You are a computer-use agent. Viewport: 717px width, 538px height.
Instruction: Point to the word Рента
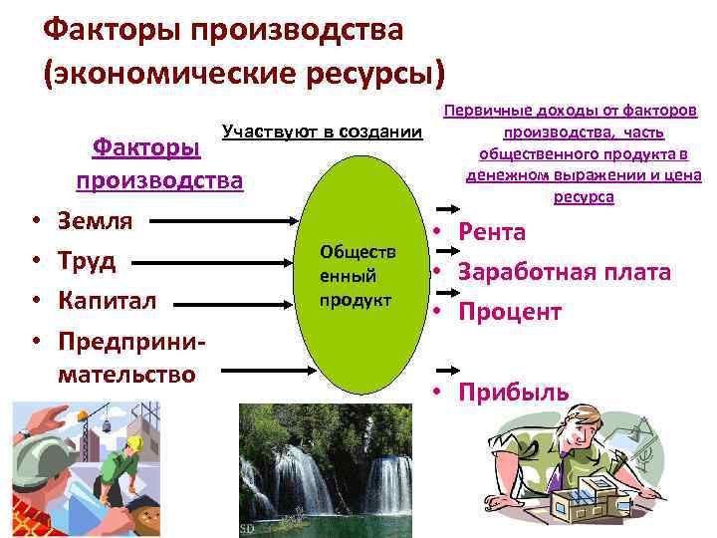click(492, 232)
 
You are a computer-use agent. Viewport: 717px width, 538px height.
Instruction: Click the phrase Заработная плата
click(565, 272)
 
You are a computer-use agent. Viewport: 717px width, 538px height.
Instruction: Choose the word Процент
click(510, 312)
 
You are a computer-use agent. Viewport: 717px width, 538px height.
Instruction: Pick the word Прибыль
click(514, 392)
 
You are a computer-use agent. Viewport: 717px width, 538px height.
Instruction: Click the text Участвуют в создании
click(322, 132)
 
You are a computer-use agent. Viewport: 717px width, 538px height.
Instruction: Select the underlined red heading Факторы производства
click(157, 163)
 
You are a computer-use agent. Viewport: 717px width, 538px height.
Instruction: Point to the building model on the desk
click(597, 499)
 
